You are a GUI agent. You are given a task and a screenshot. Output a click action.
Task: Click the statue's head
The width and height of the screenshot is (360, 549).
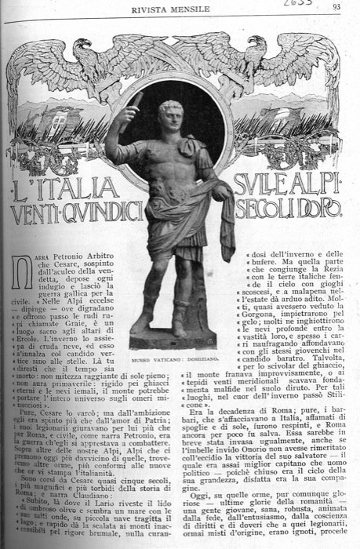(171, 115)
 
